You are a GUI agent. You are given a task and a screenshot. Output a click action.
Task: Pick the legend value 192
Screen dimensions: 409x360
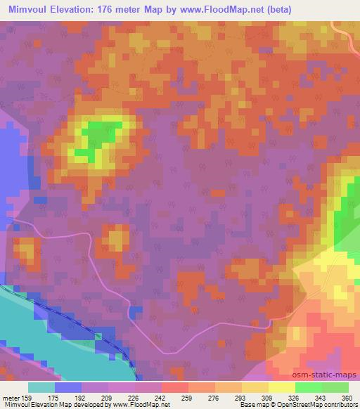coord(80,396)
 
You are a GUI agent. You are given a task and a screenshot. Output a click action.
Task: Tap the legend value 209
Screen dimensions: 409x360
coord(107,396)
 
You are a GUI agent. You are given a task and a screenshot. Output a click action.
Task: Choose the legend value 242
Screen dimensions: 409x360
coord(160,396)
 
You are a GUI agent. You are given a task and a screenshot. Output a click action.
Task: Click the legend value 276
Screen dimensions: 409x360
coord(214,396)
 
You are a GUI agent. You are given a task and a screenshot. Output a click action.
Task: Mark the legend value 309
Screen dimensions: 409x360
coord(267,396)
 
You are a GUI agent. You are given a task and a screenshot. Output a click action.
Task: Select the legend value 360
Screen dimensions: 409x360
coord(347,396)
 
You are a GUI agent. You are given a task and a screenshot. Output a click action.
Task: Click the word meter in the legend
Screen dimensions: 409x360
coord(11,396)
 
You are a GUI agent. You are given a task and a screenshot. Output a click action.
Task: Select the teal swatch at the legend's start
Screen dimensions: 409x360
coord(41,387)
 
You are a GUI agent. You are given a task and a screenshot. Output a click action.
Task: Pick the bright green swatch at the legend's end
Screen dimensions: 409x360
coord(335,387)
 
